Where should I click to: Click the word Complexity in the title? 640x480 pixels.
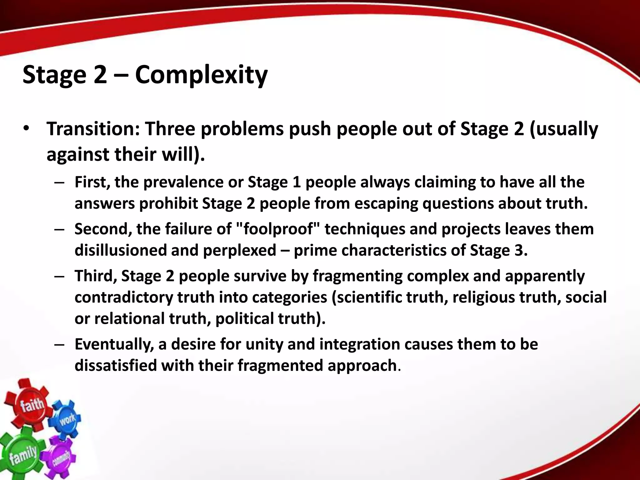pyautogui.click(x=201, y=75)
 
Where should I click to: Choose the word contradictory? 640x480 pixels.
pyautogui.click(x=123, y=297)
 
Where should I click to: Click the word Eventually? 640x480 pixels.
pyautogui.click(x=114, y=344)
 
